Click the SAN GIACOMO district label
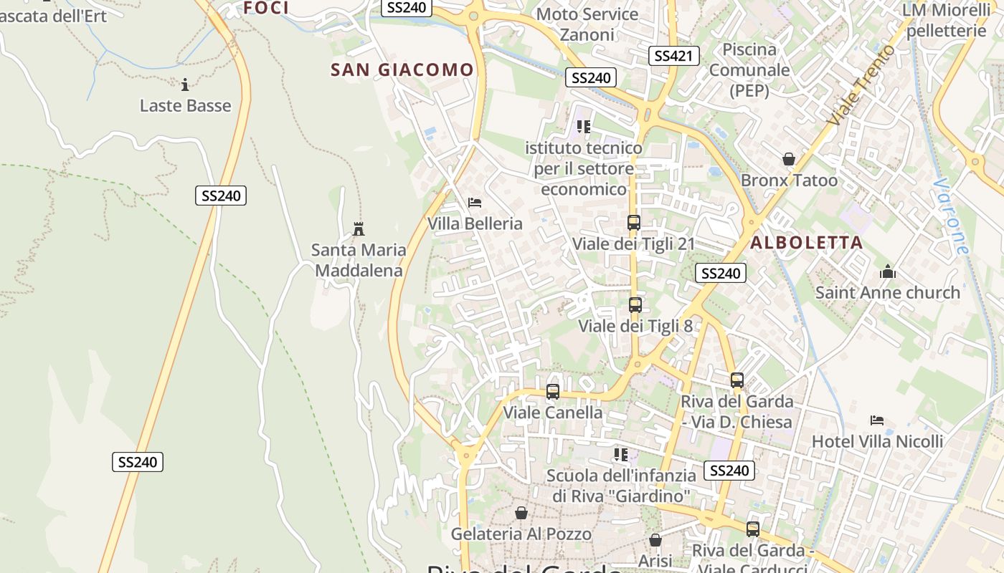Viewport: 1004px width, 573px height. coord(402,69)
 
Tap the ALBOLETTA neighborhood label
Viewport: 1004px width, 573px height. coord(806,243)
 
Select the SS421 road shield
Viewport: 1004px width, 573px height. coord(673,56)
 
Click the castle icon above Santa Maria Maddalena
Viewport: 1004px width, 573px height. coord(359,229)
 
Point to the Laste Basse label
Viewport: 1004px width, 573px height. coord(185,106)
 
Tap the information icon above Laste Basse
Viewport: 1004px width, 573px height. coord(185,85)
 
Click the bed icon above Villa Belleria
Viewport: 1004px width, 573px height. coord(474,203)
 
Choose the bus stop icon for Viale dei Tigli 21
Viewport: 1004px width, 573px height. coord(634,223)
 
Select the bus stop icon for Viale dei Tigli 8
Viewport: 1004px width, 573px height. coord(635,305)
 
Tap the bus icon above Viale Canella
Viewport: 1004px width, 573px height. coord(552,392)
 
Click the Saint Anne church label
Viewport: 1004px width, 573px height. coord(887,292)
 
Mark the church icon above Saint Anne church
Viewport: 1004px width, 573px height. coord(888,271)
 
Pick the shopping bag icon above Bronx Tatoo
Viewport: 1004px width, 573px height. coord(789,159)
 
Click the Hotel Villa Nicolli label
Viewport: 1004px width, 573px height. coord(877,441)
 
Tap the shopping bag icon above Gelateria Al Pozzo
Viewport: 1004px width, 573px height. coord(521,513)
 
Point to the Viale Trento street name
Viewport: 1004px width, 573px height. coord(861,86)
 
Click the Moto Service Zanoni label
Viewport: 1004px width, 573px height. coord(587,24)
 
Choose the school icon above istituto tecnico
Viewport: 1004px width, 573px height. coord(584,127)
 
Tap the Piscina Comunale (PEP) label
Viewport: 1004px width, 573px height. coord(749,69)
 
